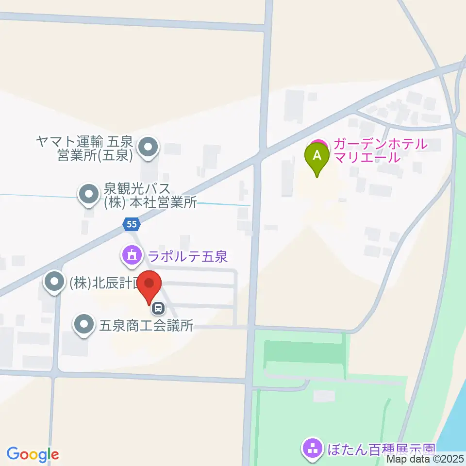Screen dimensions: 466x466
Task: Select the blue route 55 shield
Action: [x=131, y=224]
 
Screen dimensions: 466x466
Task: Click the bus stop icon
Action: [x=158, y=307]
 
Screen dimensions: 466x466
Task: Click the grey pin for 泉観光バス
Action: [x=88, y=195]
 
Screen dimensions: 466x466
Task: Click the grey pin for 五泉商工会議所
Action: [x=84, y=324]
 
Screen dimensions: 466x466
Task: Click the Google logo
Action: [x=33, y=454]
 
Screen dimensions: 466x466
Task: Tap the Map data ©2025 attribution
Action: [x=426, y=459]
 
